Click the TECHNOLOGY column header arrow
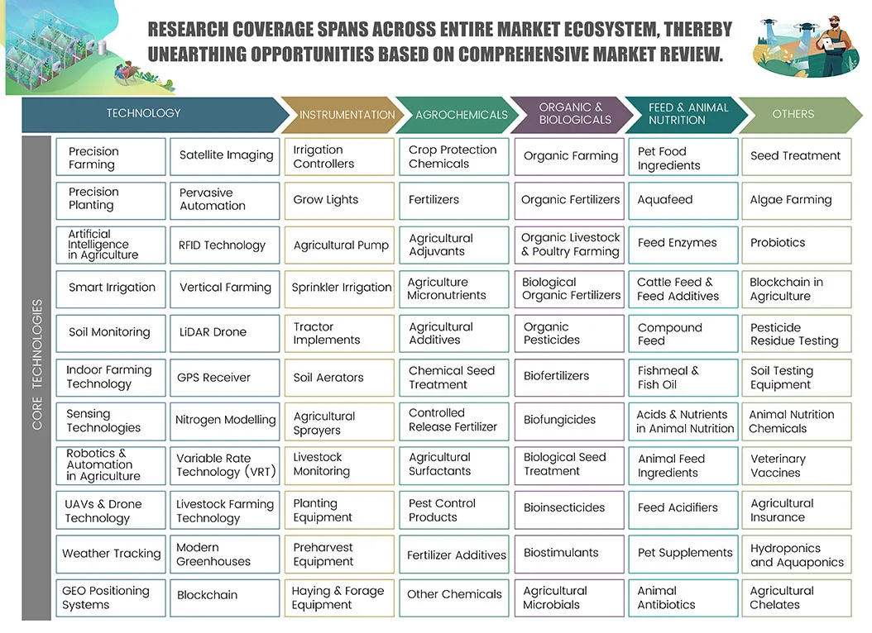pos(150,114)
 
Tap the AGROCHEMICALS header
pos(458,115)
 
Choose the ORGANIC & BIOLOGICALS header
pos(573,115)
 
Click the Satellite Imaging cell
pos(225,156)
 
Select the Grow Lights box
pos(339,201)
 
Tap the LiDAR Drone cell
pos(225,333)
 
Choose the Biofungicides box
pos(569,421)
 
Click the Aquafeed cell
pos(683,201)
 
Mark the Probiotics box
pos(797,245)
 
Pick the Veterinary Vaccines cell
pos(797,465)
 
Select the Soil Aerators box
pos(339,378)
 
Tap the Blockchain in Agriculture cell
pos(797,289)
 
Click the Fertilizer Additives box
pos(454,554)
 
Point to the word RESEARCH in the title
pos(188,30)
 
